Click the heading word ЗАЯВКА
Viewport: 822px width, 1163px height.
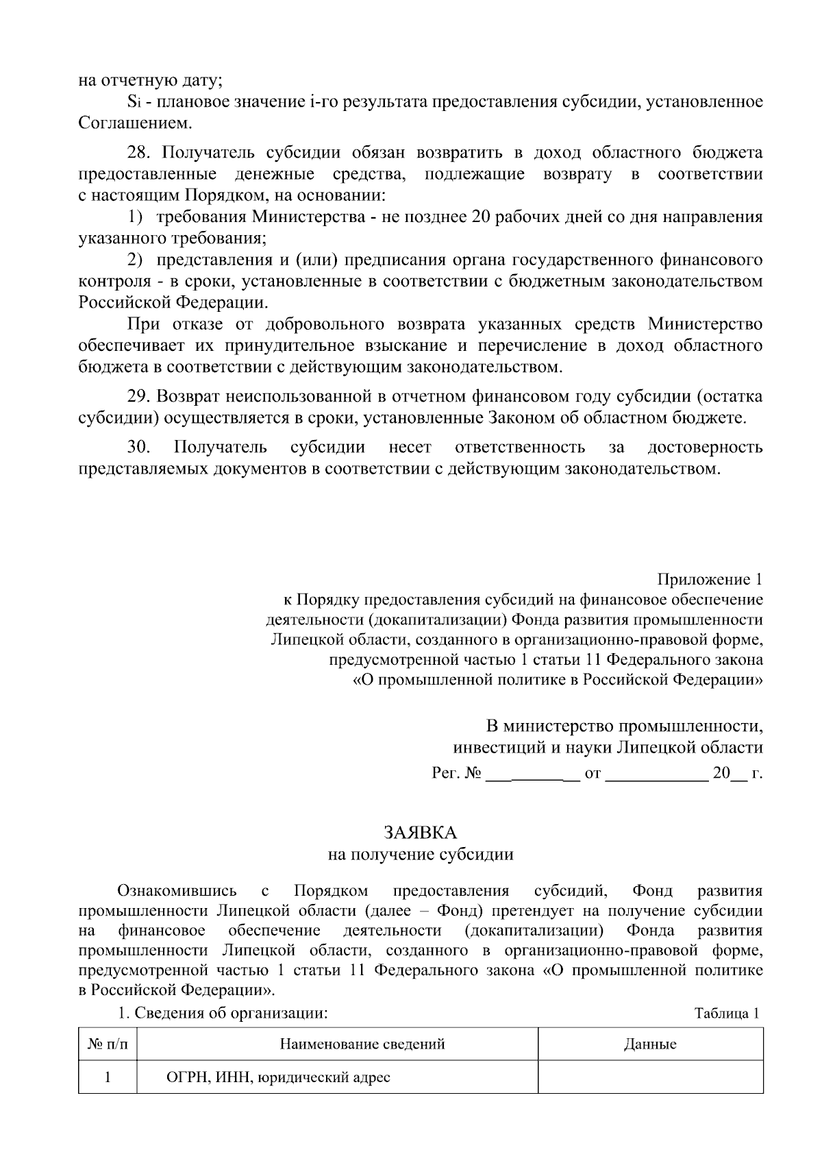click(420, 832)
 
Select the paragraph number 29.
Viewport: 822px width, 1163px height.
click(139, 396)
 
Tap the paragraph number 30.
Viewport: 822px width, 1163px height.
click(139, 448)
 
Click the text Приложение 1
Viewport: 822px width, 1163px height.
click(710, 580)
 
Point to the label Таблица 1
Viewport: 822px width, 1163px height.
click(727, 1014)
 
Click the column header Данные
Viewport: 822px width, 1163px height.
click(650, 1044)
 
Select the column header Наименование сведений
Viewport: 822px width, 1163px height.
click(362, 1044)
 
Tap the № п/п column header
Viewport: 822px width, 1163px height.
click(108, 1044)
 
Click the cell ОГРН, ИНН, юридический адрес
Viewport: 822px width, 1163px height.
click(279, 1077)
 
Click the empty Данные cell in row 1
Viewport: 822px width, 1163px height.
click(650, 1077)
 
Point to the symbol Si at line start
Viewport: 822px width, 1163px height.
click(134, 103)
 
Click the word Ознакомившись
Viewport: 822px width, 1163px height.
click(177, 891)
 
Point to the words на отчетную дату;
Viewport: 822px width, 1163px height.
click(150, 80)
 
